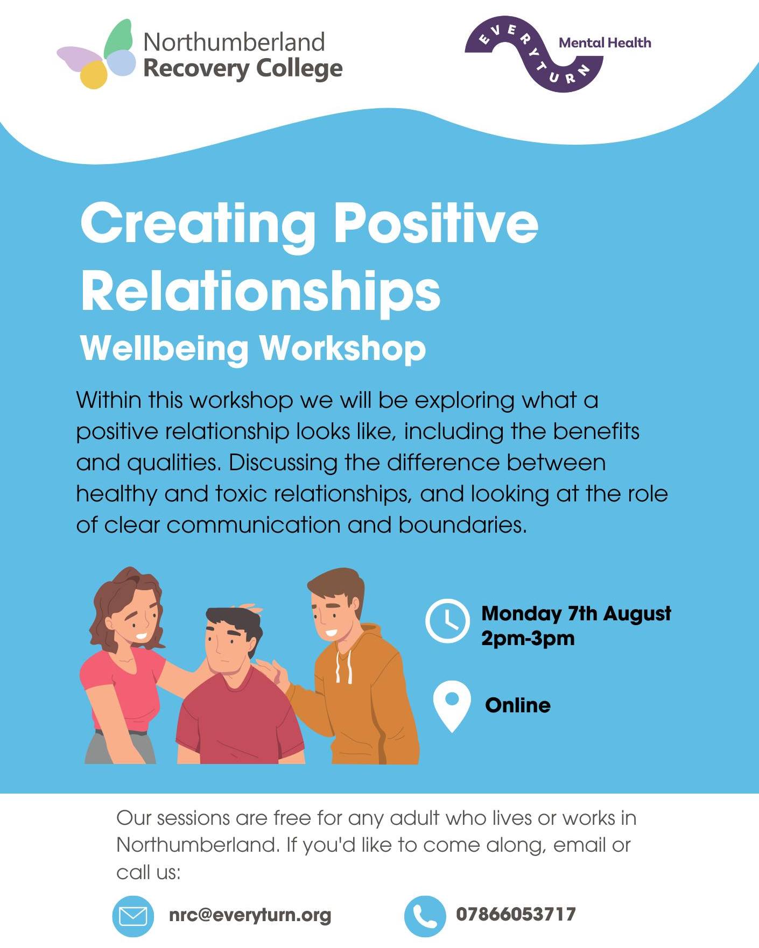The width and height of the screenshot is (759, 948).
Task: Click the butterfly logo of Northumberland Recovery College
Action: coord(97,54)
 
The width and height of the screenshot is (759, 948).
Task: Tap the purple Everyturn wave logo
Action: coord(533,54)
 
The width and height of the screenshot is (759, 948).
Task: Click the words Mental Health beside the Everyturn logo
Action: coord(605,43)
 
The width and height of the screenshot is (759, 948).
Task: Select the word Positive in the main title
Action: coord(436,223)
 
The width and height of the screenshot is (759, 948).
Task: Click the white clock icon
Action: coord(447,620)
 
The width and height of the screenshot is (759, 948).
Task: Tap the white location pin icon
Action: coord(452,706)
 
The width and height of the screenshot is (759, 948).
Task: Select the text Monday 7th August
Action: coord(576,613)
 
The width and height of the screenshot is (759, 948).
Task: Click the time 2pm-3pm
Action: coord(528,639)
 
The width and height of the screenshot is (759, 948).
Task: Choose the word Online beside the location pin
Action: coord(518,705)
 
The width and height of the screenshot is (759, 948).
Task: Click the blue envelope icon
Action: coord(133,916)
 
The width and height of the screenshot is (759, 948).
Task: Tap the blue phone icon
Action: coord(425,916)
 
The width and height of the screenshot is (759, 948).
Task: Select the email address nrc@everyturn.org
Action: coord(250,915)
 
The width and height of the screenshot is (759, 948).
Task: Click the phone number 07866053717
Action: coord(516,914)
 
